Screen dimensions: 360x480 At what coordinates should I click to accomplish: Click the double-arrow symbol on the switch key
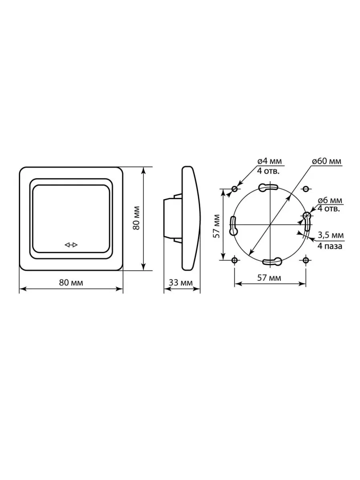[x=71, y=245]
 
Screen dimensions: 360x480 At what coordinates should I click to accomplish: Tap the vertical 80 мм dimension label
[x=136, y=218]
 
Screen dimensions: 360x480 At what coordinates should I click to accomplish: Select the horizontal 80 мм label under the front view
[x=71, y=283]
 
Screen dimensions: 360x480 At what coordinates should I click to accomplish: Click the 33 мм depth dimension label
[x=181, y=283]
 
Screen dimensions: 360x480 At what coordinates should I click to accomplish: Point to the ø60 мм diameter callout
[x=326, y=161]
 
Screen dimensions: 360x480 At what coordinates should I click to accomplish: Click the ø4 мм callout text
[x=270, y=161]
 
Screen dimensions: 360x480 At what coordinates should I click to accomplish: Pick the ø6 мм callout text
[x=330, y=200]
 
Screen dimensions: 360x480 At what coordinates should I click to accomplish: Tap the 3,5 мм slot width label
[x=331, y=235]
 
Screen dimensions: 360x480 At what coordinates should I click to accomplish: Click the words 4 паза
[x=330, y=246]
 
